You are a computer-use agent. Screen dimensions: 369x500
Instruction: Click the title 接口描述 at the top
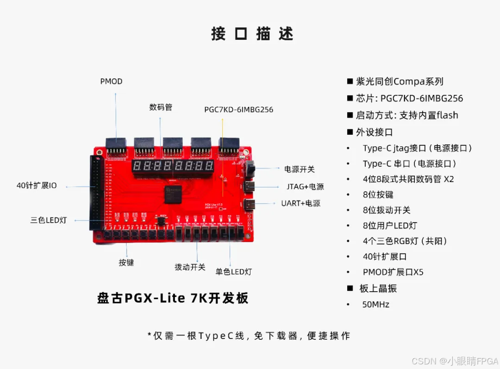click(x=252, y=34)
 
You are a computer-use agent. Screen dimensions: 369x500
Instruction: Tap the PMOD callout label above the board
click(x=111, y=81)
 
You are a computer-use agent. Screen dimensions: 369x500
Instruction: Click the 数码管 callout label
click(x=160, y=107)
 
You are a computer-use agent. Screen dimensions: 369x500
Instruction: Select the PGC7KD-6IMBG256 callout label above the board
click(x=238, y=110)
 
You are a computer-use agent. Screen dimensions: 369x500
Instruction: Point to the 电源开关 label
click(x=299, y=169)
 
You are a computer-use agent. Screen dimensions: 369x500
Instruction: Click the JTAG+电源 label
click(x=305, y=187)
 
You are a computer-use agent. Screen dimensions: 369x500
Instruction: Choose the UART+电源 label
click(x=300, y=203)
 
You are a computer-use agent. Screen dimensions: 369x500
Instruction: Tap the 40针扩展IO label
click(x=37, y=186)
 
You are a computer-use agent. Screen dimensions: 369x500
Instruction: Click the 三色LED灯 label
click(x=49, y=220)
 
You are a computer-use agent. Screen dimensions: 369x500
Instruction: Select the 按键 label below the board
click(x=126, y=263)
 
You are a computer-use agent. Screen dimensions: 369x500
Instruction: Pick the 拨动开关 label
click(x=190, y=267)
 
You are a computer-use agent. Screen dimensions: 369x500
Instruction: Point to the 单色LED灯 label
click(x=234, y=272)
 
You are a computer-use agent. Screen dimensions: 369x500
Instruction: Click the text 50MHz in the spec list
click(x=375, y=304)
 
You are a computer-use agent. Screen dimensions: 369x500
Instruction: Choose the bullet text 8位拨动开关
click(x=387, y=210)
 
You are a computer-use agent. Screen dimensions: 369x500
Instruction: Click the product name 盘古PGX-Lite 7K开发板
click(x=173, y=298)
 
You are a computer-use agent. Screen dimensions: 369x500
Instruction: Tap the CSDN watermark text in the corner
click(x=454, y=361)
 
